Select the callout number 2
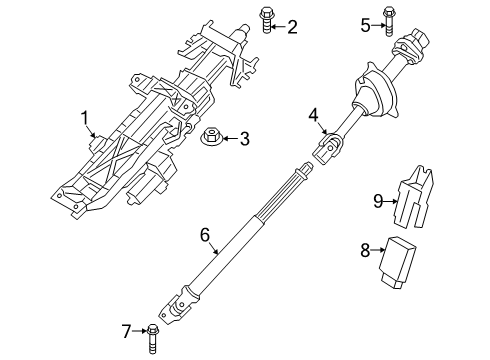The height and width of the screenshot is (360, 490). coord(291,27)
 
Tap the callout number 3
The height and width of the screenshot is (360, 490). coord(244,138)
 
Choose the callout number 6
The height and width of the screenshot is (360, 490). coord(205,236)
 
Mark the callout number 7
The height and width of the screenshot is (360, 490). coord(128,331)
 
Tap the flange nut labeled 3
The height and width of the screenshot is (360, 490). coord(213,137)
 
